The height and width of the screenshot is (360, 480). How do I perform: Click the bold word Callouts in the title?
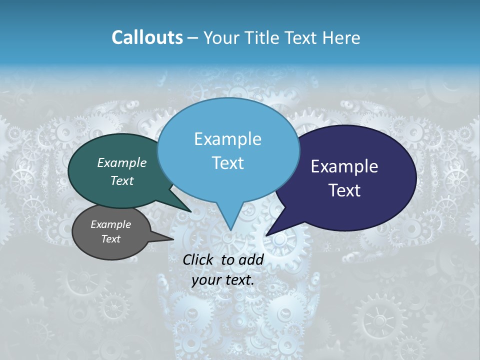(x=147, y=37)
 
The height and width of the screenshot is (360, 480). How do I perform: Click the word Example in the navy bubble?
(x=344, y=166)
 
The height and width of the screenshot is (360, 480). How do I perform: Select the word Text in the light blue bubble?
(x=228, y=163)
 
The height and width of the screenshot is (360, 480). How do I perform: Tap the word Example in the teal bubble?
(x=122, y=162)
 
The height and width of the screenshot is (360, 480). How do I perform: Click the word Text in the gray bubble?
(x=111, y=239)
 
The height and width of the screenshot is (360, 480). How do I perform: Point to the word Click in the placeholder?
(x=199, y=259)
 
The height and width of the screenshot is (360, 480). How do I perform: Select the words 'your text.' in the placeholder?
(x=223, y=280)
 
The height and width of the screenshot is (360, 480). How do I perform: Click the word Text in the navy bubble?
(x=345, y=190)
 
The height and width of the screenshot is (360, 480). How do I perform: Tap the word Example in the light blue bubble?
(x=228, y=139)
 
